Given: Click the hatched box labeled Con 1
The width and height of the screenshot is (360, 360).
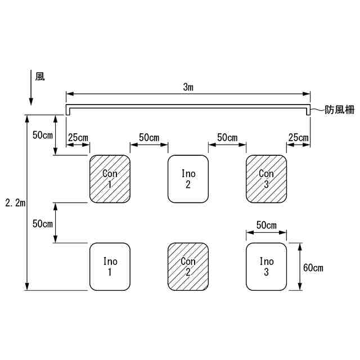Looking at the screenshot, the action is pyautogui.click(x=110, y=178).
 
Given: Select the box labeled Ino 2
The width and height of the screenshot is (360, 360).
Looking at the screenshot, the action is pyautogui.click(x=188, y=178).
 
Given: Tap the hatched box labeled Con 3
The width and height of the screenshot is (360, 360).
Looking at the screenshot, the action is pyautogui.click(x=266, y=178).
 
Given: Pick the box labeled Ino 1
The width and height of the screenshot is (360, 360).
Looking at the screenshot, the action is pyautogui.click(x=110, y=267).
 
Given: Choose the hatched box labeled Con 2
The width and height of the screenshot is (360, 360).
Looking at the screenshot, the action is pyautogui.click(x=188, y=267).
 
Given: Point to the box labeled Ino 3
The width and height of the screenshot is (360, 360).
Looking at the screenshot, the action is pyautogui.click(x=266, y=267).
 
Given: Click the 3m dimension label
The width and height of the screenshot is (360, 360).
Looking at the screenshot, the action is pyautogui.click(x=188, y=87).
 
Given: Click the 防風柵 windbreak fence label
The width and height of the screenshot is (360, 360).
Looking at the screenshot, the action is pyautogui.click(x=340, y=110).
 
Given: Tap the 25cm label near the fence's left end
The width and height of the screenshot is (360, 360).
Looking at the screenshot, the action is pyautogui.click(x=78, y=138).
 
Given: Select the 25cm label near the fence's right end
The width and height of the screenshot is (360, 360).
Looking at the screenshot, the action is pyautogui.click(x=298, y=138).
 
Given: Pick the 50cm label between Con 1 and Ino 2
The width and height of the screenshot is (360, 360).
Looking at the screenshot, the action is pyautogui.click(x=149, y=138).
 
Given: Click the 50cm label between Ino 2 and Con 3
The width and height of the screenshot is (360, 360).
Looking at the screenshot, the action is pyautogui.click(x=227, y=138).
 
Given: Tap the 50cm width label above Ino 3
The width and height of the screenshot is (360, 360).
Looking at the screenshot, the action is pyautogui.click(x=266, y=225).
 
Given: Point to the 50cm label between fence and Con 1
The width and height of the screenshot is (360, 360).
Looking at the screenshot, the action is pyautogui.click(x=43, y=135).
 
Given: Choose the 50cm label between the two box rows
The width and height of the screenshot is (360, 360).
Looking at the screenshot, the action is pyautogui.click(x=43, y=223).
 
